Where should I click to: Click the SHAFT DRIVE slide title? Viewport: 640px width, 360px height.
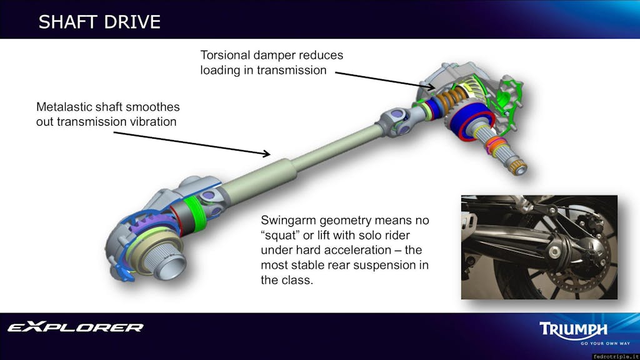pyautogui.click(x=99, y=22)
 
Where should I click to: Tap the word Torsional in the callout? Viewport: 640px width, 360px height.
pyautogui.click(x=224, y=55)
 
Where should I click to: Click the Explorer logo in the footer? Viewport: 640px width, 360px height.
pyautogui.click(x=76, y=327)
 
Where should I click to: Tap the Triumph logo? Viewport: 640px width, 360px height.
pyautogui.click(x=573, y=329)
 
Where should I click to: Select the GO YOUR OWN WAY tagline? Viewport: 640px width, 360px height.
pyautogui.click(x=605, y=343)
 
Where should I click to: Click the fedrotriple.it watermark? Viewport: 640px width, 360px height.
pyautogui.click(x=616, y=356)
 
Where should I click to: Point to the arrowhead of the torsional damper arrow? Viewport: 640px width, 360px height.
pyautogui.click(x=431, y=86)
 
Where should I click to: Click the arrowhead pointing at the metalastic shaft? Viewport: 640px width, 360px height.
pyautogui.click(x=266, y=153)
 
